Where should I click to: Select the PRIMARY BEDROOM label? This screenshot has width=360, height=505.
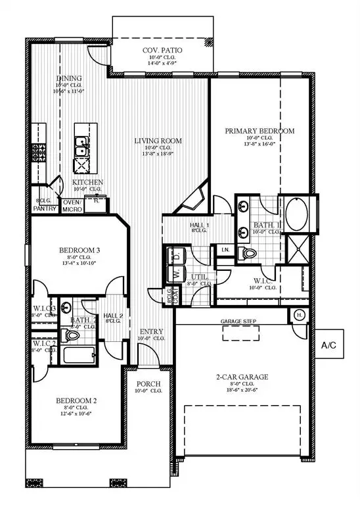point(259,131)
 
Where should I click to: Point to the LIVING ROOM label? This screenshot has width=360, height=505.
point(158,141)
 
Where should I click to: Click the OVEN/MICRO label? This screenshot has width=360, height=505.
point(71,206)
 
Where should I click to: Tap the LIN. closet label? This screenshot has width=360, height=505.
point(225,250)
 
